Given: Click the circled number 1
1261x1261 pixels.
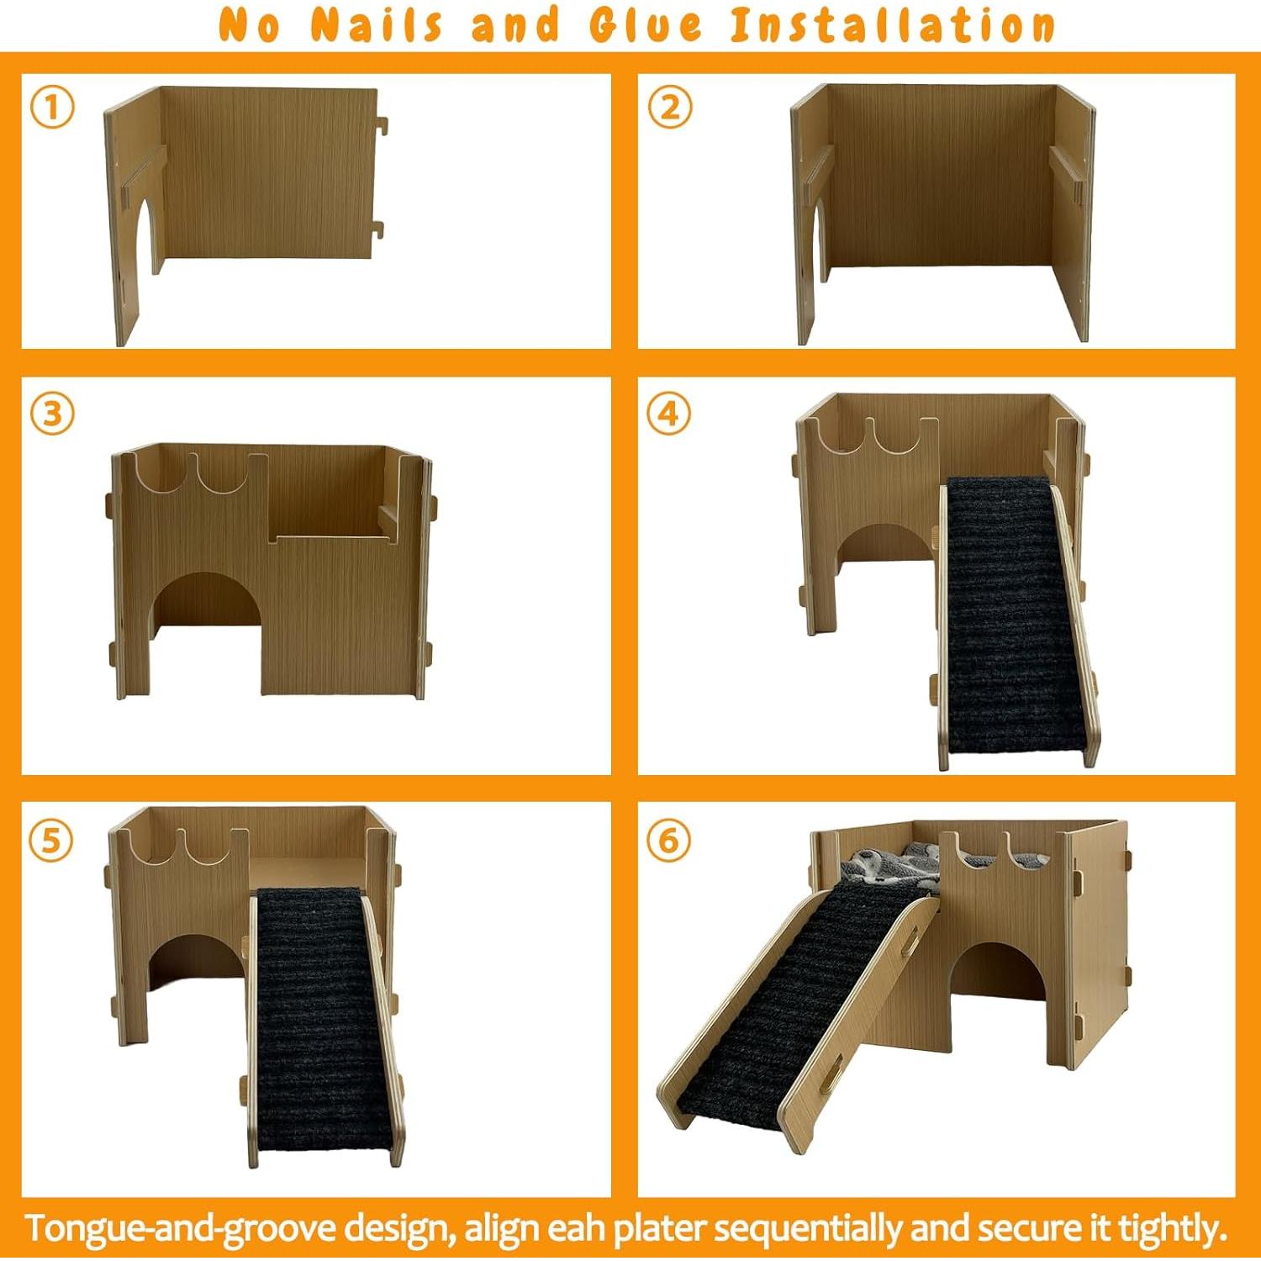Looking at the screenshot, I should (x=52, y=108).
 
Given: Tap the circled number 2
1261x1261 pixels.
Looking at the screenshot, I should (x=669, y=108).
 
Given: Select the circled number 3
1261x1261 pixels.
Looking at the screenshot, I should (x=52, y=414).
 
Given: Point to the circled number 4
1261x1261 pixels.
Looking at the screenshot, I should (x=668, y=414).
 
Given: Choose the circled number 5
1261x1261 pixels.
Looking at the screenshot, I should (x=51, y=840).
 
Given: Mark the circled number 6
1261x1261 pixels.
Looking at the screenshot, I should (x=668, y=840).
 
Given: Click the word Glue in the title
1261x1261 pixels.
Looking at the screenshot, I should (x=646, y=25).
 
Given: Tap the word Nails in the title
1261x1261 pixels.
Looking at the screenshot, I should (x=376, y=25).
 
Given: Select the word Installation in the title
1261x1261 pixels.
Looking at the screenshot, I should (x=892, y=25).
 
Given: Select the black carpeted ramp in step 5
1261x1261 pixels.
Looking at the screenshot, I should (x=321, y=1017).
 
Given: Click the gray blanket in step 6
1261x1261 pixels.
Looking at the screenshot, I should (x=891, y=866).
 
